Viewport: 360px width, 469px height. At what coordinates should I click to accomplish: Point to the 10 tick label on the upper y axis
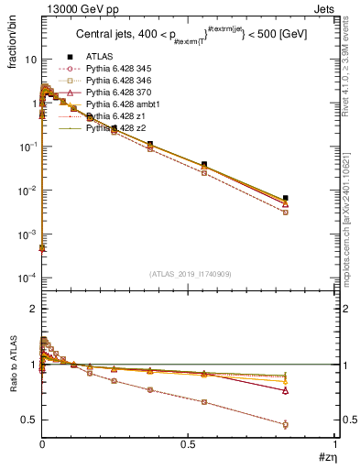click(30, 59)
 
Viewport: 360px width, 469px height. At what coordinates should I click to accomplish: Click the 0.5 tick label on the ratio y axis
click(28, 420)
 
